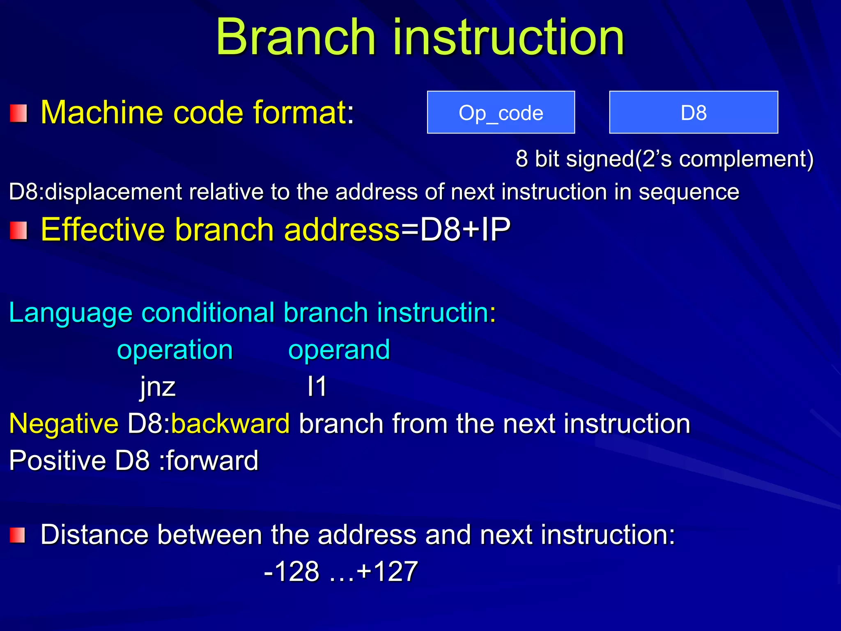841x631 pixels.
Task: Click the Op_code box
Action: tap(501, 113)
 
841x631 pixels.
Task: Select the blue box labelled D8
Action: tap(693, 113)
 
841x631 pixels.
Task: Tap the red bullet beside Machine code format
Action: tap(18, 113)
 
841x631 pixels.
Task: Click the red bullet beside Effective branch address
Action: tap(18, 230)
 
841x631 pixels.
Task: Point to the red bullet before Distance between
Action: tap(18, 535)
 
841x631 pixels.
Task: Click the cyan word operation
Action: tap(175, 350)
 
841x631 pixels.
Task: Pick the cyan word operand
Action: tap(339, 350)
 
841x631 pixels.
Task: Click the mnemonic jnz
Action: tap(158, 387)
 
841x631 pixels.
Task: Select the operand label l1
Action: tap(317, 387)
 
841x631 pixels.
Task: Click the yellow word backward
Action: tap(230, 424)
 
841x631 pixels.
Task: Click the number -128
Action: tap(292, 571)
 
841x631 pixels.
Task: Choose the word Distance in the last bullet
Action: tap(94, 535)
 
